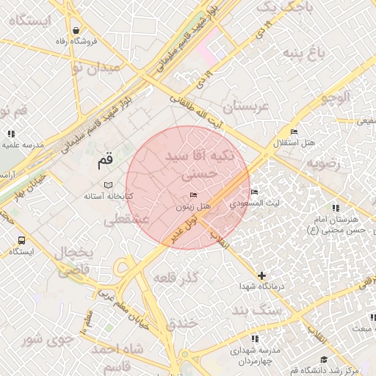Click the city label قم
click(107, 159)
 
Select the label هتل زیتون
click(193, 207)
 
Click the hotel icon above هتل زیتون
click(193, 195)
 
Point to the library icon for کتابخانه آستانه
click(109, 184)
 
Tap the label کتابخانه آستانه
click(108, 196)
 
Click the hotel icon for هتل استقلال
click(294, 131)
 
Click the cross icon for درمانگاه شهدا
click(261, 275)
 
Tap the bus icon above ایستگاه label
click(21, 239)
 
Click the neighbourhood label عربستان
click(247, 107)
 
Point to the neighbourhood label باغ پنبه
click(303, 52)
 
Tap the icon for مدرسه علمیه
click(11, 134)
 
